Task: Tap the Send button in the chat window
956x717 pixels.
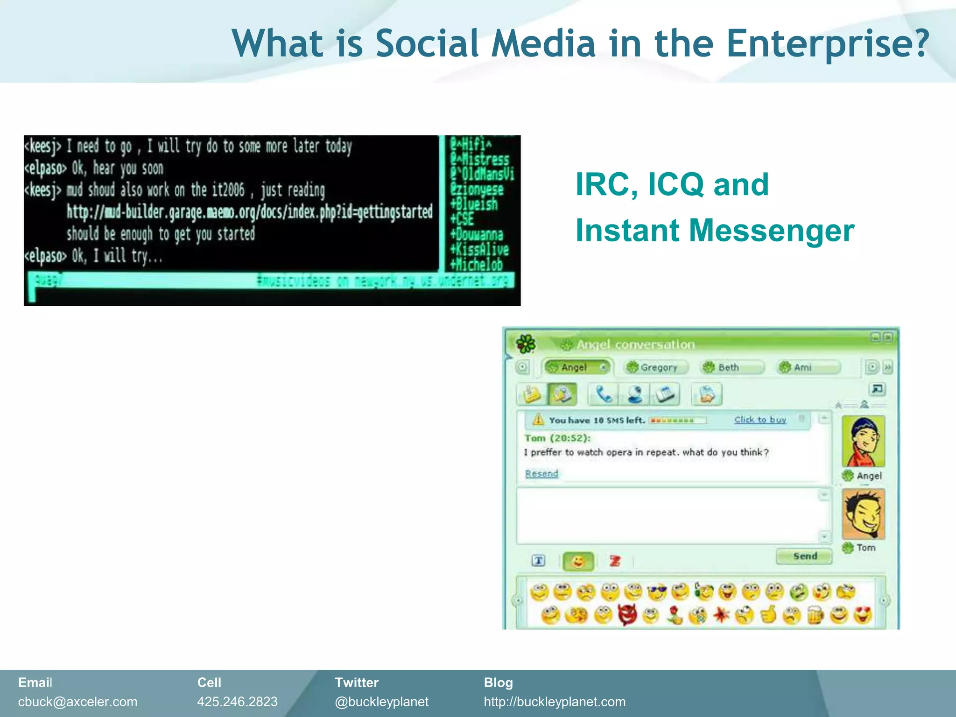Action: [804, 556]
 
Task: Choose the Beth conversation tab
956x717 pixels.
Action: [731, 367]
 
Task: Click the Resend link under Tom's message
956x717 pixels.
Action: [541, 474]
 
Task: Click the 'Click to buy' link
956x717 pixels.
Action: [760, 420]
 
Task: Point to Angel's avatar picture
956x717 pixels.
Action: [864, 442]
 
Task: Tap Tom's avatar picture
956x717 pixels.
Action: [864, 514]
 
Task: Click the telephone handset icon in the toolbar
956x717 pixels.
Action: [604, 394]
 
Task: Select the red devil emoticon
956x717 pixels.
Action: [627, 615]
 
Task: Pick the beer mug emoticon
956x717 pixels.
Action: [815, 615]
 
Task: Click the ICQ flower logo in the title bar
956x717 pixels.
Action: [526, 344]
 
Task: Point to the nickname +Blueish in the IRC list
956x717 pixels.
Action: [474, 204]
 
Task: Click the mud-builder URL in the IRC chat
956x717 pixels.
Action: [249, 212]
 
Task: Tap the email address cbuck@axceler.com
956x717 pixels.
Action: [77, 702]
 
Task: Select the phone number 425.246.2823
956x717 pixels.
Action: [237, 702]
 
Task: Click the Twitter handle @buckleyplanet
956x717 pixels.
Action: [381, 702]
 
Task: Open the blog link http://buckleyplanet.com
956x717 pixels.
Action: [555, 702]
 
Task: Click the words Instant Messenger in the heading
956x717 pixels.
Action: [714, 230]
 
